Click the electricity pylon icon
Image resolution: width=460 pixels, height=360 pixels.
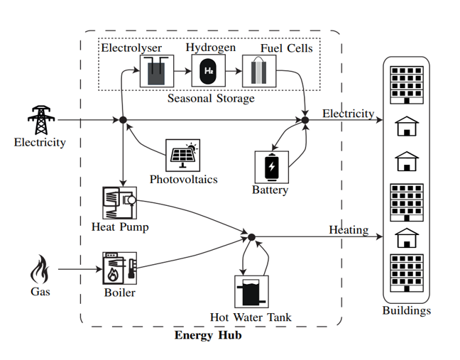40,119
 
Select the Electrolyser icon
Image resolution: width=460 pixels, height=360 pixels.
157,71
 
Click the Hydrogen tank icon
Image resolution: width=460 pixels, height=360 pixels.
209,71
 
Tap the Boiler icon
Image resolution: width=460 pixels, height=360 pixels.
119,269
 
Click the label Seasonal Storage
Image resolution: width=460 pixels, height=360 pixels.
211,99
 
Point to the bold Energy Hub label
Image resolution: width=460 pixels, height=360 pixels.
208,335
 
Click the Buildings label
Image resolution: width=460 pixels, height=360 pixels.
406,310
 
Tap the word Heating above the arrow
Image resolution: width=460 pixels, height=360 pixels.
349,229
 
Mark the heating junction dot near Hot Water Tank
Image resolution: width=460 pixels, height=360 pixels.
251,236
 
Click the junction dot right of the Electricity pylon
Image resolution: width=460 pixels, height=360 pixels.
123,120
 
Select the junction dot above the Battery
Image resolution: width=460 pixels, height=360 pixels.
305,120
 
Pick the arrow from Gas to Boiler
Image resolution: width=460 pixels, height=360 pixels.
78,269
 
